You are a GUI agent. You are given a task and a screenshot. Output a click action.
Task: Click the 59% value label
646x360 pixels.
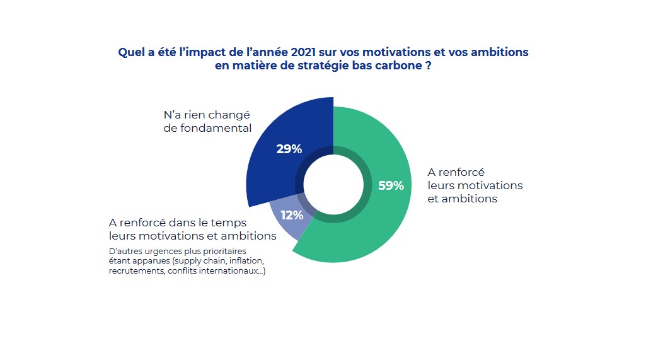(391, 185)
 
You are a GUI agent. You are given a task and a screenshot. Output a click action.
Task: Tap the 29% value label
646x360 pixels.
(289, 149)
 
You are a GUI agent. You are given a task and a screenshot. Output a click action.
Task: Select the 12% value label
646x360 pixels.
(292, 215)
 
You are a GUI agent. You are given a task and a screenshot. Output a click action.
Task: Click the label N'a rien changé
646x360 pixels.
(206, 115)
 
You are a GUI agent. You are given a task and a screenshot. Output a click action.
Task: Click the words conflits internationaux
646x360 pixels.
(216, 272)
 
